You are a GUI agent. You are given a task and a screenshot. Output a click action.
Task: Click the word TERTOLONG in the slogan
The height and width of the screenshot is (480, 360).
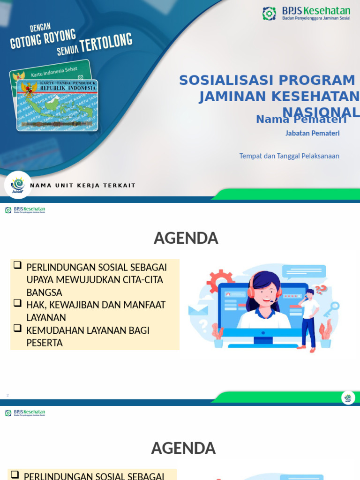click(106, 43)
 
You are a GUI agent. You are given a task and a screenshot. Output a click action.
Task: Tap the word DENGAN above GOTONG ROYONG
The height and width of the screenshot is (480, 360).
click(40, 28)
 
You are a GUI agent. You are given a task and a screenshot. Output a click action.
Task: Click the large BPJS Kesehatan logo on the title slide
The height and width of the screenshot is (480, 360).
click(306, 13)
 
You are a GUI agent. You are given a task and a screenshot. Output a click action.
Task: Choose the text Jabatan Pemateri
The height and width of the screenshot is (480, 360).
click(312, 133)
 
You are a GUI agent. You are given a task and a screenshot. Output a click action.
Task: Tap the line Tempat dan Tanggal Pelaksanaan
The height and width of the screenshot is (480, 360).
click(289, 156)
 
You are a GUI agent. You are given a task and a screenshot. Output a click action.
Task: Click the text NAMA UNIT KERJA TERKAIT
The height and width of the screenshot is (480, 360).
click(82, 186)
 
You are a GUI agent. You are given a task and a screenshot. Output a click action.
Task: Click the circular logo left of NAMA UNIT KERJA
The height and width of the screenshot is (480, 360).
click(18, 185)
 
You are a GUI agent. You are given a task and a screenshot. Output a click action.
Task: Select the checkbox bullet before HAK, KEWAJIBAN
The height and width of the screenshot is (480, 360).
click(18, 303)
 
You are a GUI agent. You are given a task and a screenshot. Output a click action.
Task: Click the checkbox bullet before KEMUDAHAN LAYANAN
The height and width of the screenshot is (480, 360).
click(18, 328)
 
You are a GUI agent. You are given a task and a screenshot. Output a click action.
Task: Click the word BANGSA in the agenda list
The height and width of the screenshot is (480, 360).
click(44, 292)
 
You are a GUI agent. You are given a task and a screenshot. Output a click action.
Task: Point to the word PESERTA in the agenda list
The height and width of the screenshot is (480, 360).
click(45, 343)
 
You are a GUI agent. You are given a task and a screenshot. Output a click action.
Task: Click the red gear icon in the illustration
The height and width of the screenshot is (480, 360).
click(220, 280)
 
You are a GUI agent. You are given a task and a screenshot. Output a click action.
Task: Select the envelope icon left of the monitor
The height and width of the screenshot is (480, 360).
click(197, 310)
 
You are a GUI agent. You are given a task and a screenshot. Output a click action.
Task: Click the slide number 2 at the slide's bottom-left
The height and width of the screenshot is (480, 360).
click(7, 395)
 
